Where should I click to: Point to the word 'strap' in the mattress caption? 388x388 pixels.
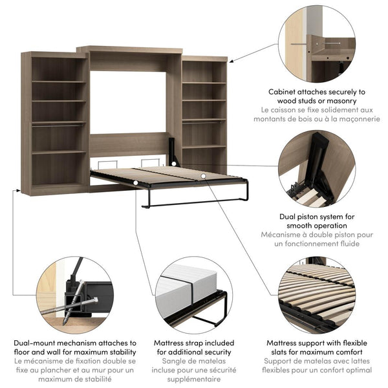[x=194, y=343]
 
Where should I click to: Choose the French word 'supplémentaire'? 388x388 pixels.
[x=194, y=379]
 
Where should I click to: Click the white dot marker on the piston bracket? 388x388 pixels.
[x=174, y=164]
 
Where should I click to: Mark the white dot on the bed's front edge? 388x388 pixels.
[x=136, y=183]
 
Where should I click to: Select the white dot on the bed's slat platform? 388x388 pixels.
[x=204, y=176]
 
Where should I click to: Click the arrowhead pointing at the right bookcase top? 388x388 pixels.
[x=231, y=61]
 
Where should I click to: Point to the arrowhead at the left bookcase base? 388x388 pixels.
[x=18, y=190]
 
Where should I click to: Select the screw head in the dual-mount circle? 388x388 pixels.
[x=95, y=300]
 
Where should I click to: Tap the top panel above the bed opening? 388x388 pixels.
[x=130, y=50]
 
